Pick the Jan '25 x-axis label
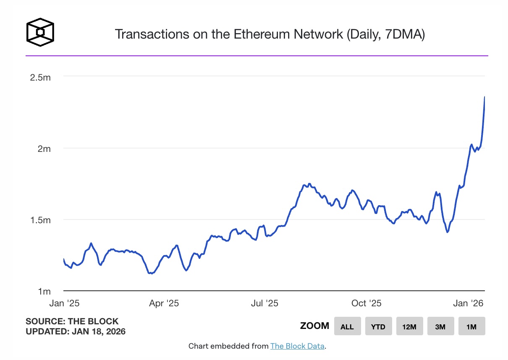[x=64, y=303]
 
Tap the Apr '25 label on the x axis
[x=164, y=303]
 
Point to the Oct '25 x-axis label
[x=366, y=303]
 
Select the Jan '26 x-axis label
[x=468, y=303]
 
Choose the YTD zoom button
[x=378, y=326]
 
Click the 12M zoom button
[x=409, y=326]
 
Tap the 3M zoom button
[x=440, y=326]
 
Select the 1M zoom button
[x=471, y=326]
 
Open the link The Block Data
[x=297, y=346]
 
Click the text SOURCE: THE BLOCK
[x=72, y=321]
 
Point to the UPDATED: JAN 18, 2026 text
[x=76, y=331]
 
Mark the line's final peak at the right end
[x=484, y=97]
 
